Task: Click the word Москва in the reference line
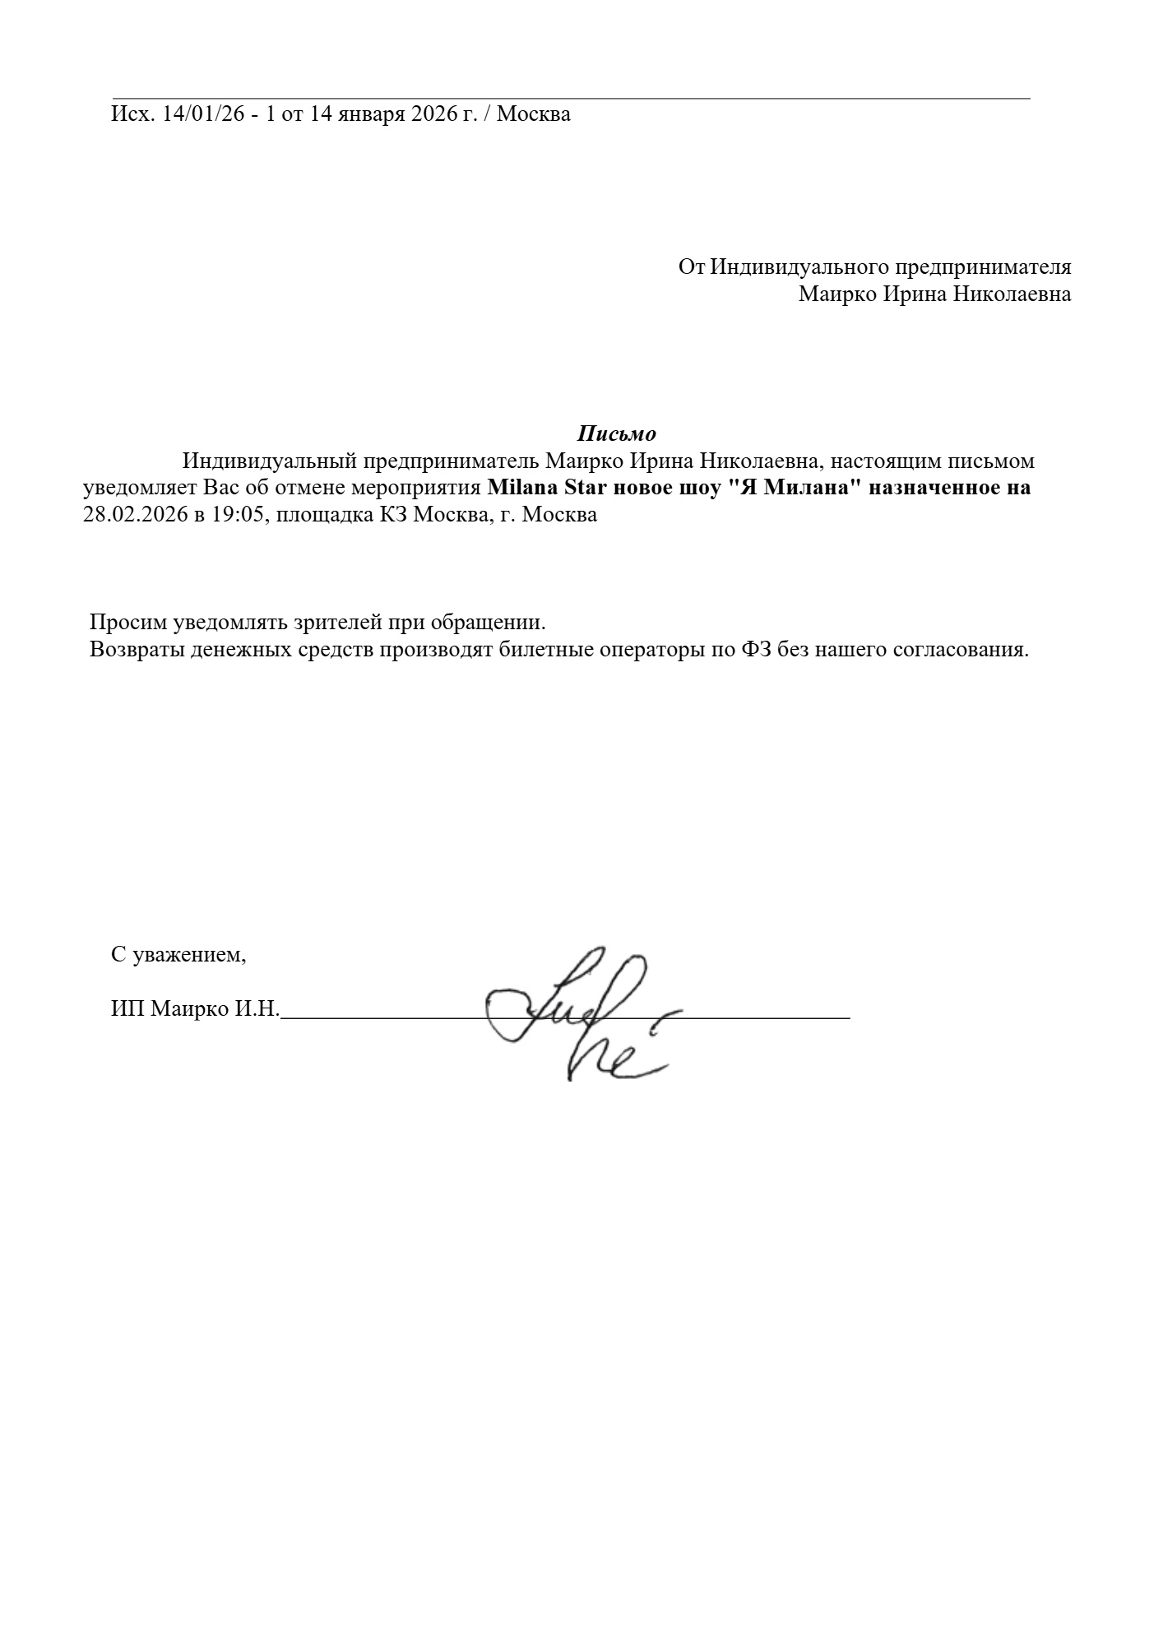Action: click(534, 114)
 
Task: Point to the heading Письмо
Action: click(616, 433)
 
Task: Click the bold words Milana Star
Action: click(540, 488)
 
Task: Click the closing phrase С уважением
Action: click(178, 955)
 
